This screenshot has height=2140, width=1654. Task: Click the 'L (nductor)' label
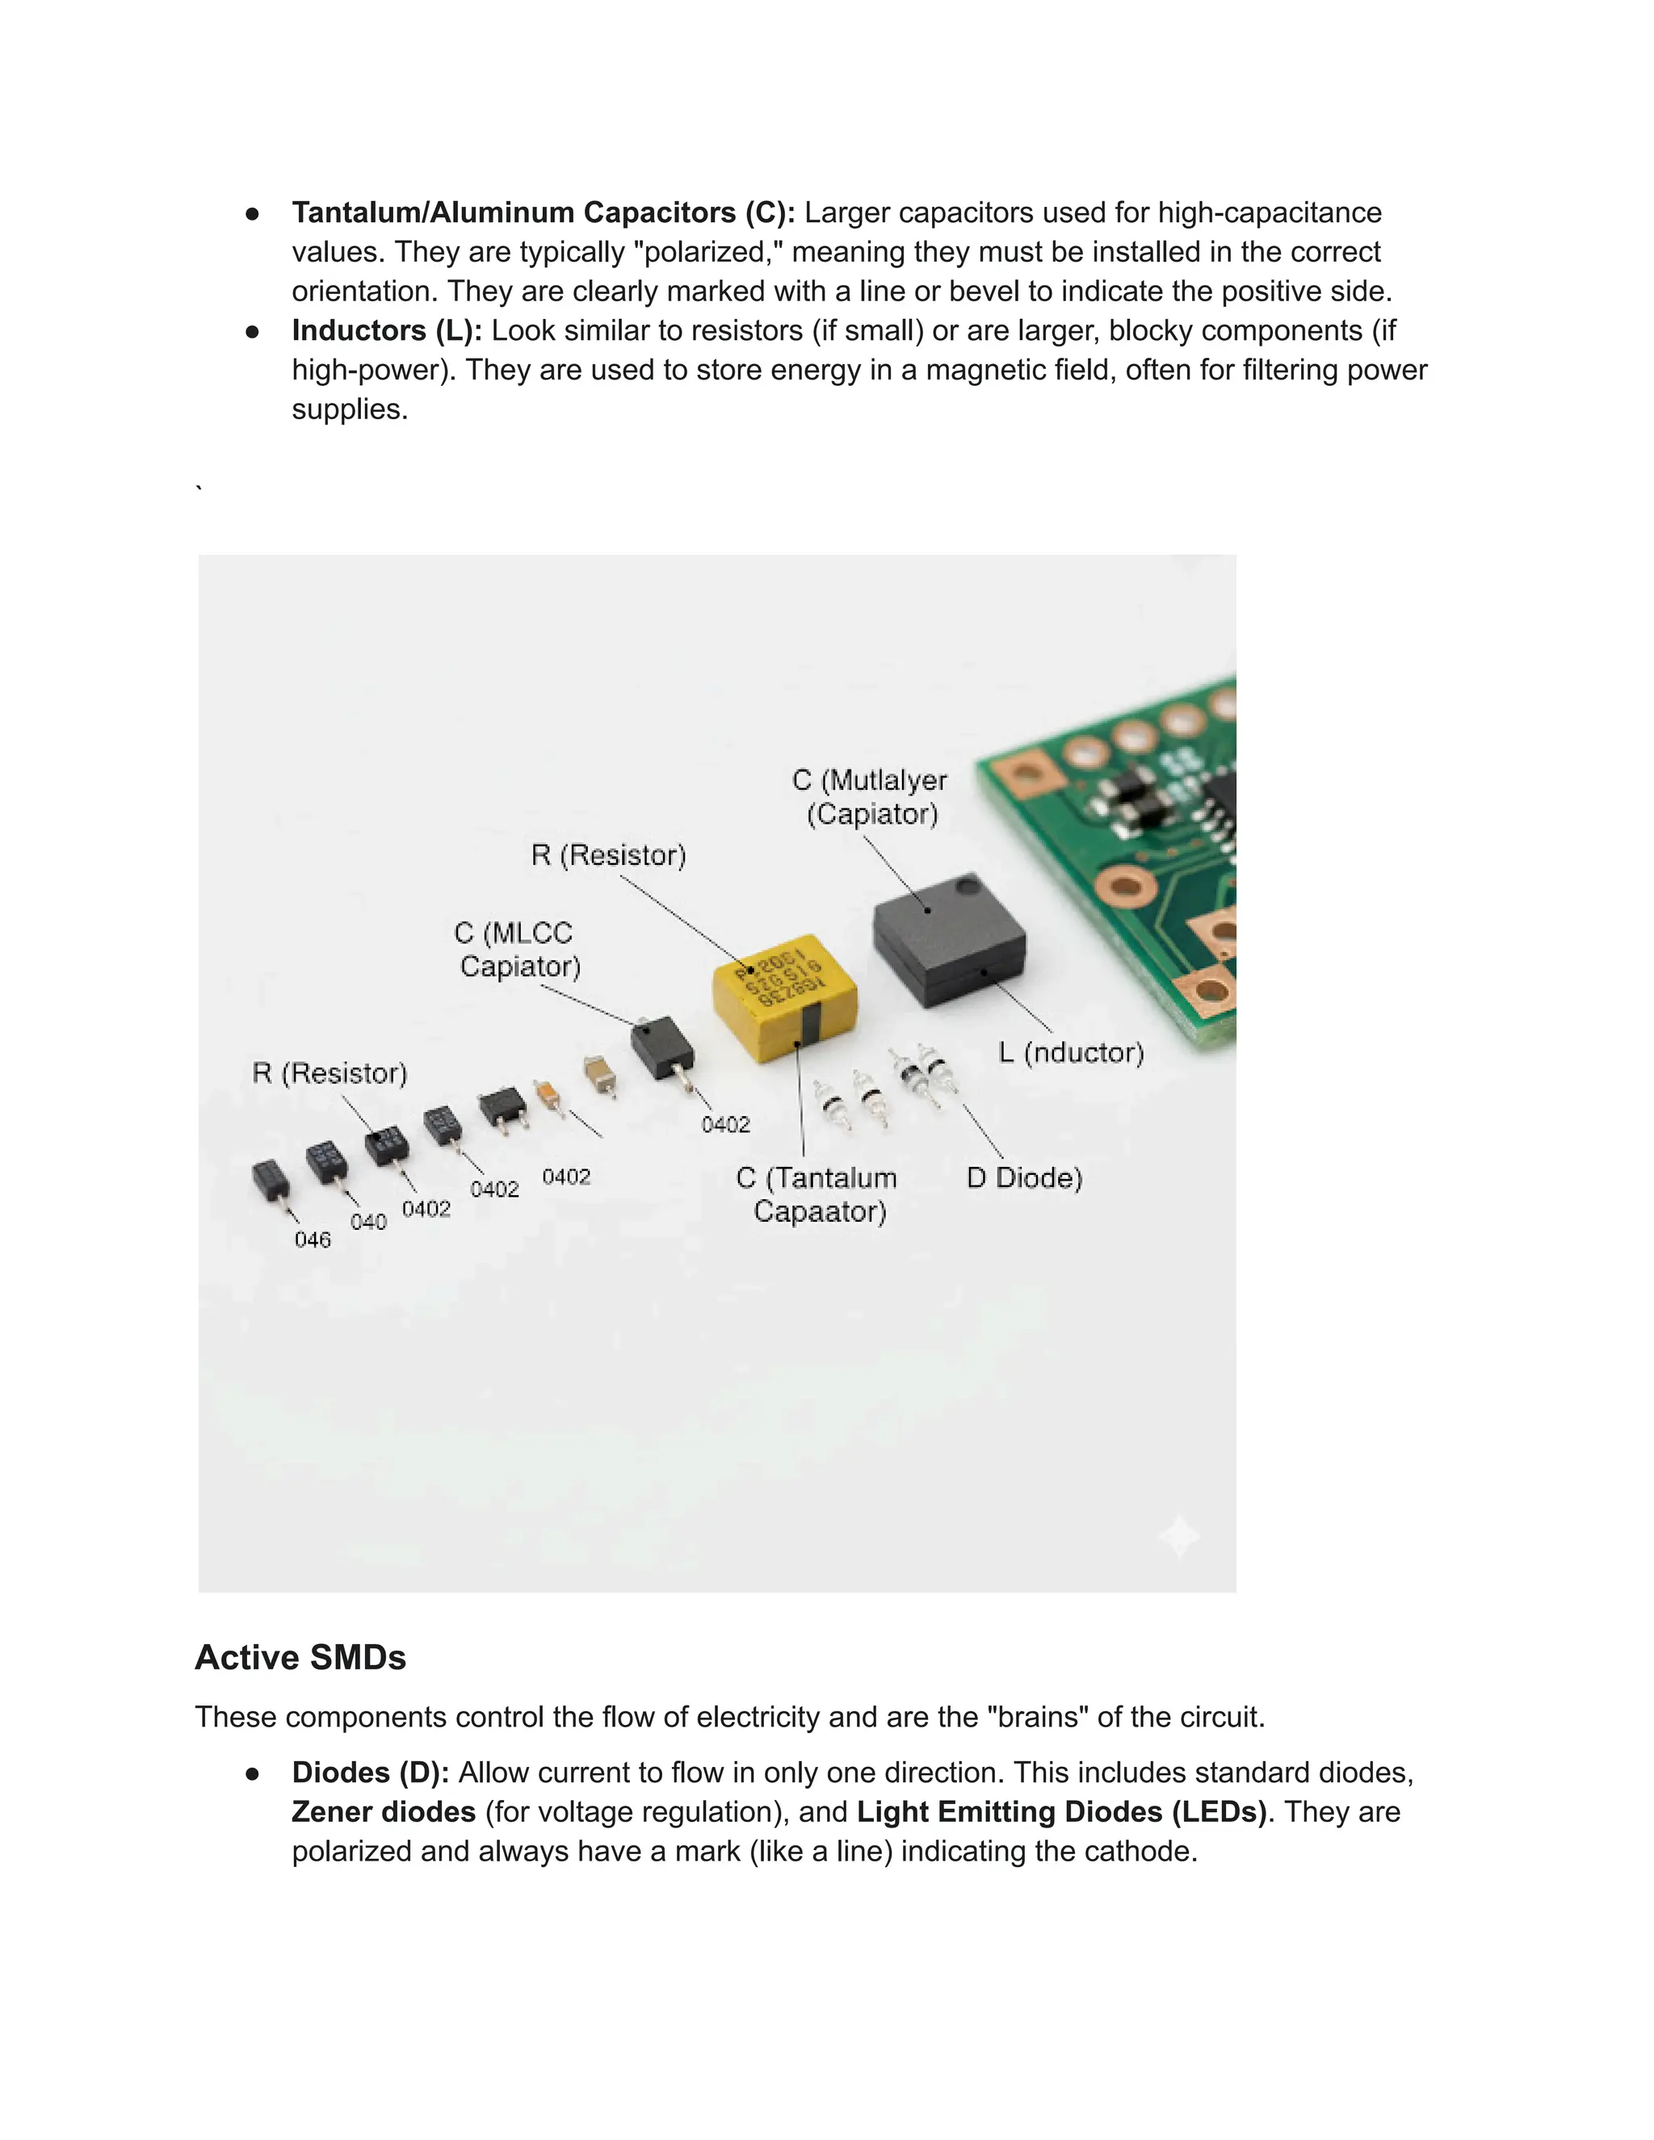(1070, 1052)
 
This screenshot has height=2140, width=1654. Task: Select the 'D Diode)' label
(1024, 1177)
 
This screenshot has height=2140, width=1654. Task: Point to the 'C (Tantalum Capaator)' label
(818, 1194)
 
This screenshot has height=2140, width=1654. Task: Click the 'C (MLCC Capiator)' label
(518, 950)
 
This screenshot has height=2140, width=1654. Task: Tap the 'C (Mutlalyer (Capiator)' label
(870, 796)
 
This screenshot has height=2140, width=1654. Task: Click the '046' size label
(313, 1240)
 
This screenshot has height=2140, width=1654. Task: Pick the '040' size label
(368, 1222)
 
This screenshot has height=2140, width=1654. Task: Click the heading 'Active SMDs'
(300, 1657)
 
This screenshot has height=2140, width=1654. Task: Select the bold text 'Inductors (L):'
(387, 330)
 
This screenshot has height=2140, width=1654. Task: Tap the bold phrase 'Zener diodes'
(383, 1812)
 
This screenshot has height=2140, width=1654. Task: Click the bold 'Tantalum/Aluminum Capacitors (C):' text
(543, 212)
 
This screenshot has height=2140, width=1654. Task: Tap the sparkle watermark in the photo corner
(1179, 1534)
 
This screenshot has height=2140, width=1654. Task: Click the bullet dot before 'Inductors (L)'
(253, 331)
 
